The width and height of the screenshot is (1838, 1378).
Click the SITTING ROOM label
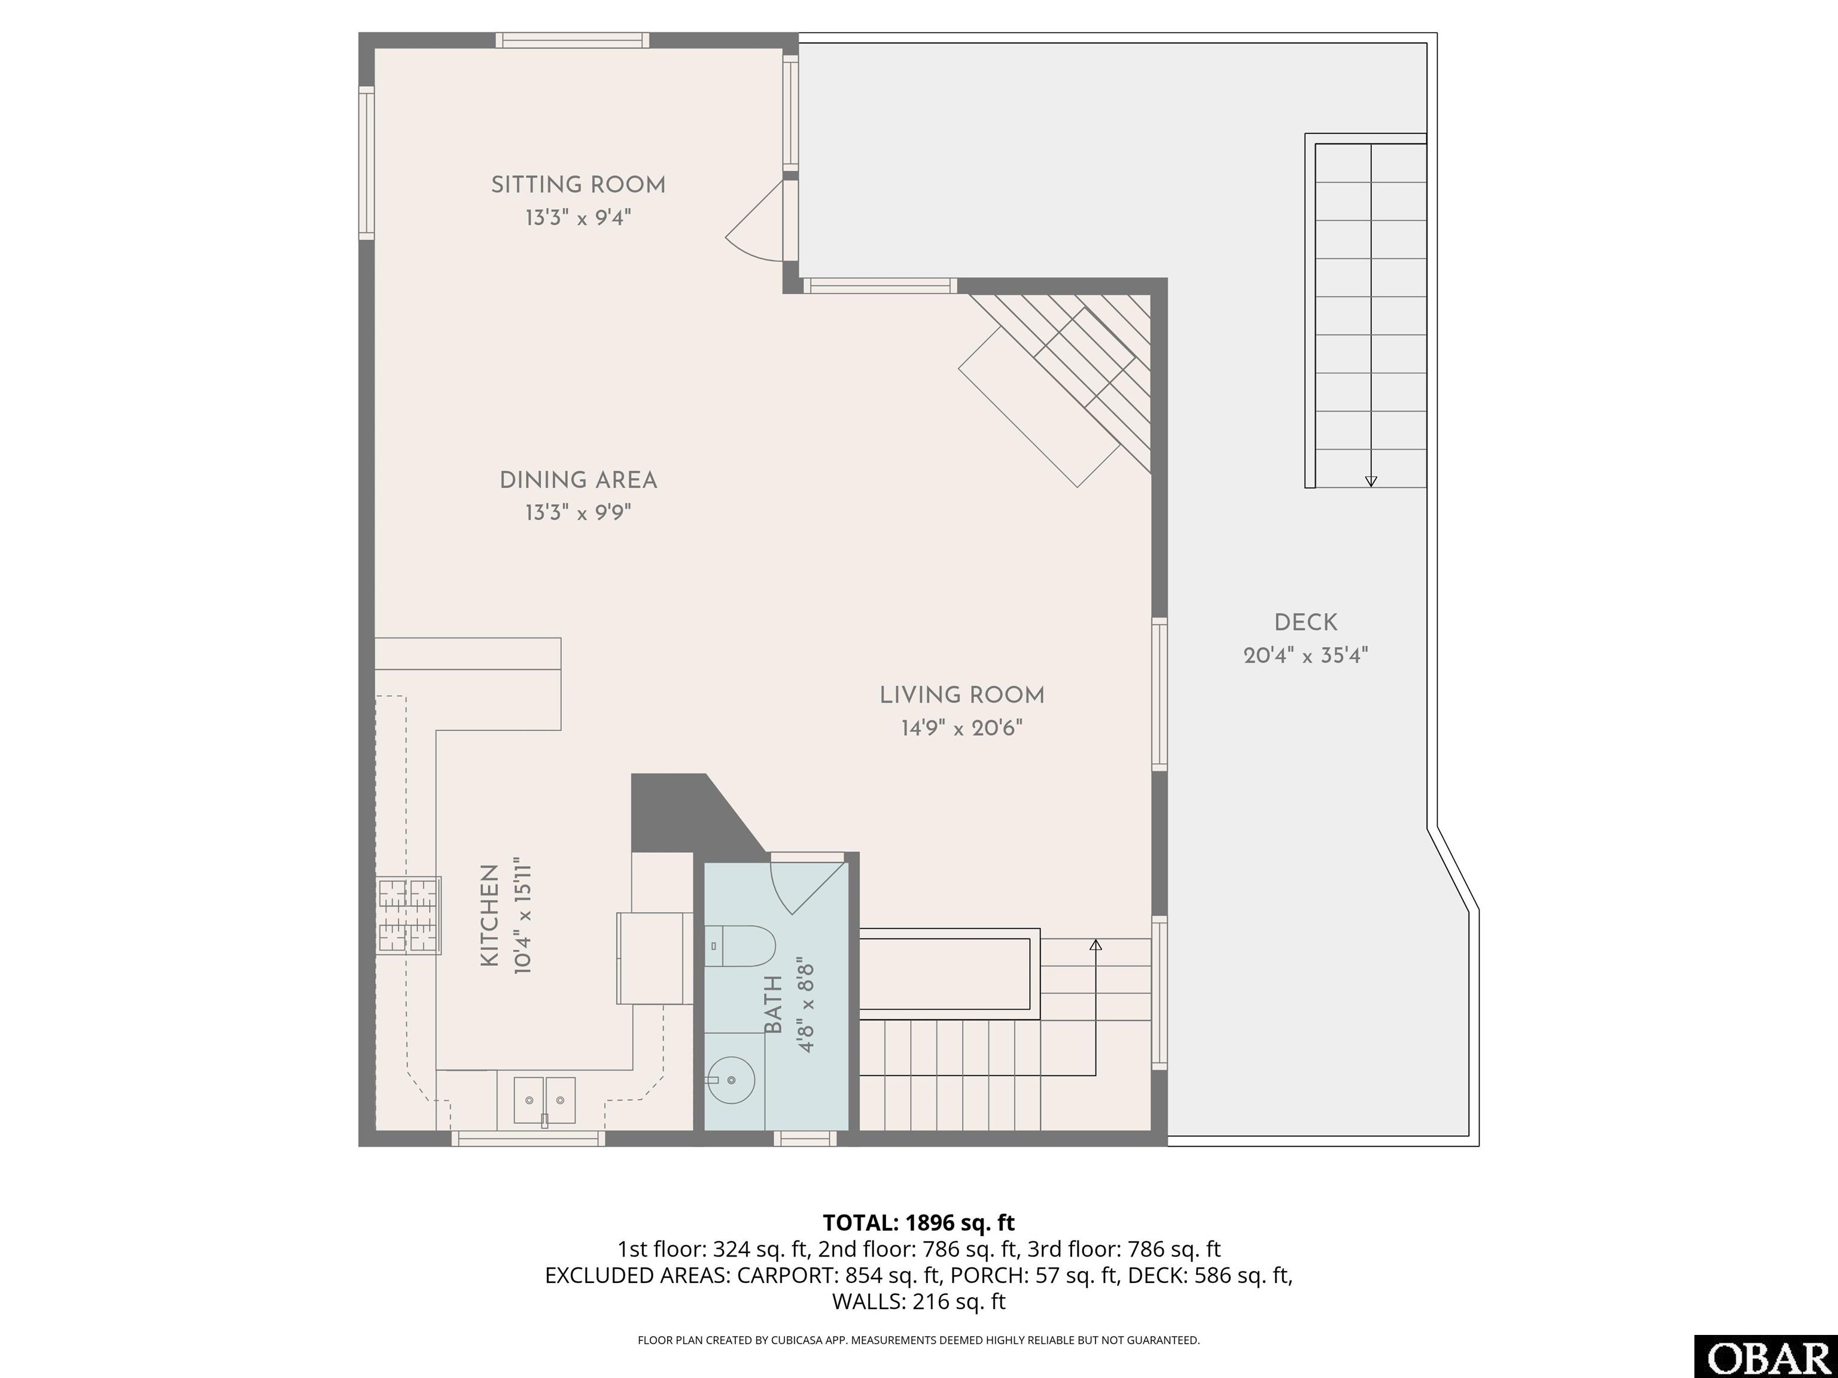pos(579,184)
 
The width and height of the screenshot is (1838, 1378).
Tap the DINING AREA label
pos(579,480)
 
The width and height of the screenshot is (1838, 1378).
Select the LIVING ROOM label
pos(962,695)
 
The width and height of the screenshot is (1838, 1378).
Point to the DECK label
pos(1306,622)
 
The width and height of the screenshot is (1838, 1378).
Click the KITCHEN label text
pos(490,915)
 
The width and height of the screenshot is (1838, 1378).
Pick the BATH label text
pos(774,1005)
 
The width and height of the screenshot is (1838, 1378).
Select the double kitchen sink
pos(544,1100)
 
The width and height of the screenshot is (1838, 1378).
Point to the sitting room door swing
pos(754,221)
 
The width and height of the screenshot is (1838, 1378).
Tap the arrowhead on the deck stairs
pos(1371,481)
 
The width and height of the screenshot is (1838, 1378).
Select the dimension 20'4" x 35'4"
pos(1306,656)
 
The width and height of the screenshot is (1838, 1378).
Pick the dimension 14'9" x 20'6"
pos(962,728)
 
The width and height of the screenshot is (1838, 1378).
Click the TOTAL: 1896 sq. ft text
pos(919,1222)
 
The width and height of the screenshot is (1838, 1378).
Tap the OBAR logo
pos(1766,1357)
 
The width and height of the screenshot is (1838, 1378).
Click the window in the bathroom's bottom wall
pos(805,1139)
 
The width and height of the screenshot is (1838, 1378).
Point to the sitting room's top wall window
pos(573,40)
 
